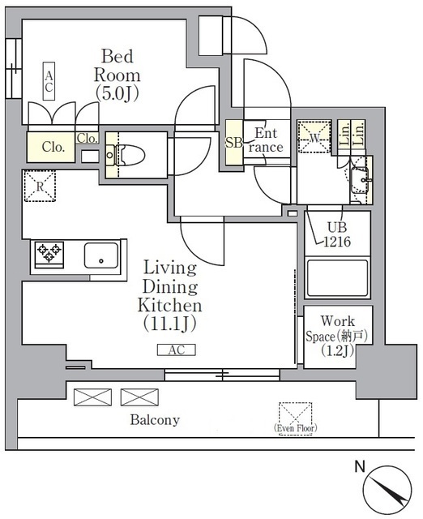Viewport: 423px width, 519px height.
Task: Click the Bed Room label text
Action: coord(118,74)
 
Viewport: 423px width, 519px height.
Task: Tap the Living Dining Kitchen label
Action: coord(172,295)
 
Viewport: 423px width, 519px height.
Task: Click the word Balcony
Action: coord(154,420)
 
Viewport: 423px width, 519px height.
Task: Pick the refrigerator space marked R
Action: coord(40,187)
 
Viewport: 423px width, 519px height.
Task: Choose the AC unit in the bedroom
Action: coord(49,83)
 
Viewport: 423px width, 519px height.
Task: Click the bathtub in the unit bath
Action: coord(339,276)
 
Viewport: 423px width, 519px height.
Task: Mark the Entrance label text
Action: coord(267,140)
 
